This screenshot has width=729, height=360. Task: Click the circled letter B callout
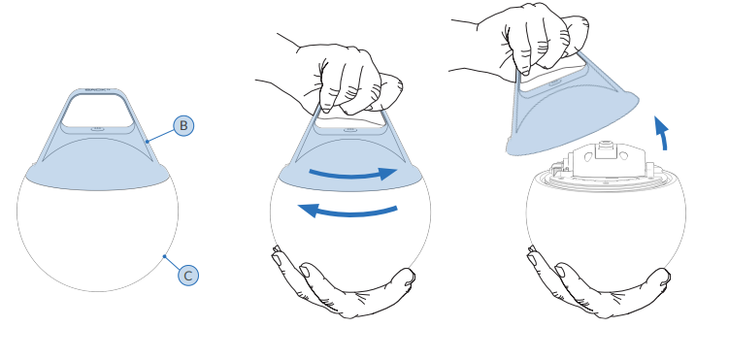click(183, 126)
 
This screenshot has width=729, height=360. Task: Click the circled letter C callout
click(188, 276)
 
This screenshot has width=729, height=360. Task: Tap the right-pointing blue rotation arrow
click(353, 175)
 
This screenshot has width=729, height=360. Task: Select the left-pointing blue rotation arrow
click(348, 212)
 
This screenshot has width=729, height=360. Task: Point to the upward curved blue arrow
click(663, 134)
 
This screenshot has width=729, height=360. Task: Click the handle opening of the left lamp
click(97, 111)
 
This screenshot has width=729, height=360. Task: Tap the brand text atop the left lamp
click(97, 89)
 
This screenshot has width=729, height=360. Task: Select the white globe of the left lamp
click(97, 237)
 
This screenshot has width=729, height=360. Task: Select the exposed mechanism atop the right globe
click(605, 166)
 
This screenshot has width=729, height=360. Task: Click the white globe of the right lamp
click(606, 232)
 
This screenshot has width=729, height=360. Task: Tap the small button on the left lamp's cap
click(97, 129)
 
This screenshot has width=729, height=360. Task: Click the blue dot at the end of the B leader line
click(148, 142)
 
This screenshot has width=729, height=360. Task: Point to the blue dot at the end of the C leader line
click(164, 256)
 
